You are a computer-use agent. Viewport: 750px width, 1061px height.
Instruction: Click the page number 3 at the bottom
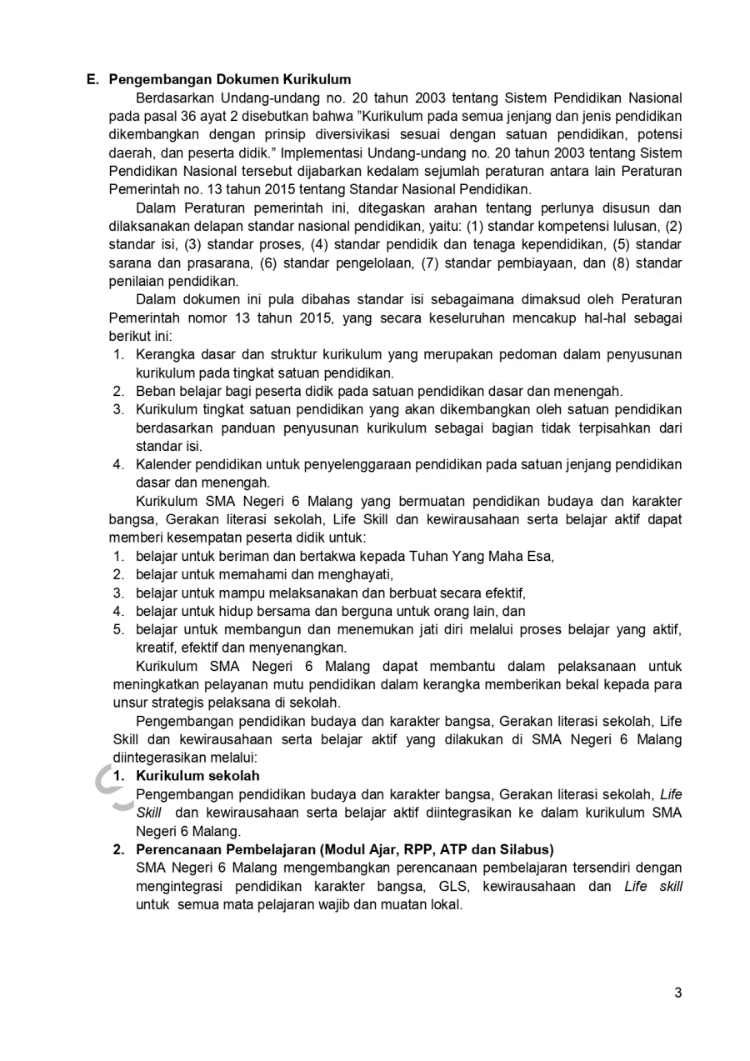click(677, 993)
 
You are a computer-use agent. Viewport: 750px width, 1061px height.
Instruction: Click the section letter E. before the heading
click(93, 80)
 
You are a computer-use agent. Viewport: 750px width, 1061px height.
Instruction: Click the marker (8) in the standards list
click(623, 263)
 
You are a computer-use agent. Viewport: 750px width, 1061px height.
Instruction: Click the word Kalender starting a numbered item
click(163, 464)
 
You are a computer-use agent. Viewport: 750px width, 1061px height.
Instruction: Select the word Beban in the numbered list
click(154, 391)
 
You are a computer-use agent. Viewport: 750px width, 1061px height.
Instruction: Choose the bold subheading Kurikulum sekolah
click(197, 776)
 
